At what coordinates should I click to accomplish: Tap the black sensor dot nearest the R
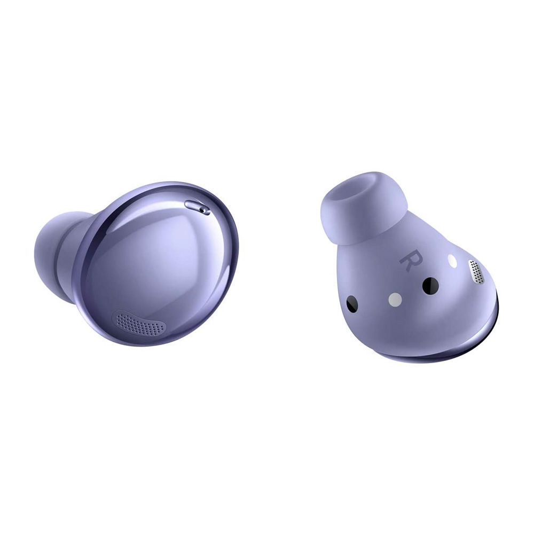pyautogui.click(x=430, y=285)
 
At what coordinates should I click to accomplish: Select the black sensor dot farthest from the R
pyautogui.click(x=352, y=303)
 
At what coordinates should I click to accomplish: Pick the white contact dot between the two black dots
pyautogui.click(x=395, y=300)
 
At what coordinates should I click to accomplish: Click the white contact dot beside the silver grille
pyautogui.click(x=452, y=261)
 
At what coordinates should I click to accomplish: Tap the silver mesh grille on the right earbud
pyautogui.click(x=477, y=271)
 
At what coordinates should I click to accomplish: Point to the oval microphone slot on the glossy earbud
pyautogui.click(x=197, y=207)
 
